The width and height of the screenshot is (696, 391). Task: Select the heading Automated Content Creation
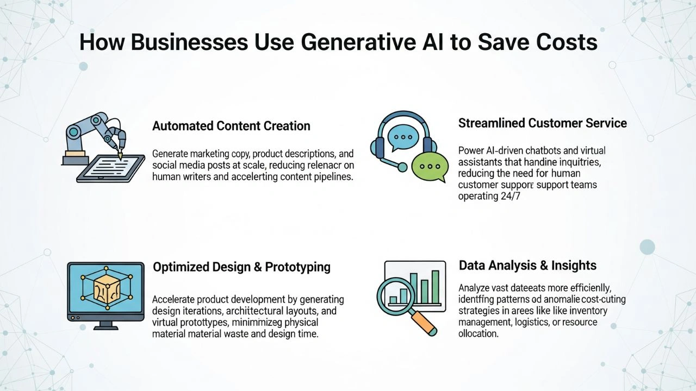231,126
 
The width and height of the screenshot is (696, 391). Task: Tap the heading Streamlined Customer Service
542,123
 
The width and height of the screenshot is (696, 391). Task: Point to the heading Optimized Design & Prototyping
241,267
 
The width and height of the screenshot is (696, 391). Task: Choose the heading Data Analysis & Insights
527,265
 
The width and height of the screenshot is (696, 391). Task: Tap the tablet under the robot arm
111,168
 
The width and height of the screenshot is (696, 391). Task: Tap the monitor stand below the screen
105,325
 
